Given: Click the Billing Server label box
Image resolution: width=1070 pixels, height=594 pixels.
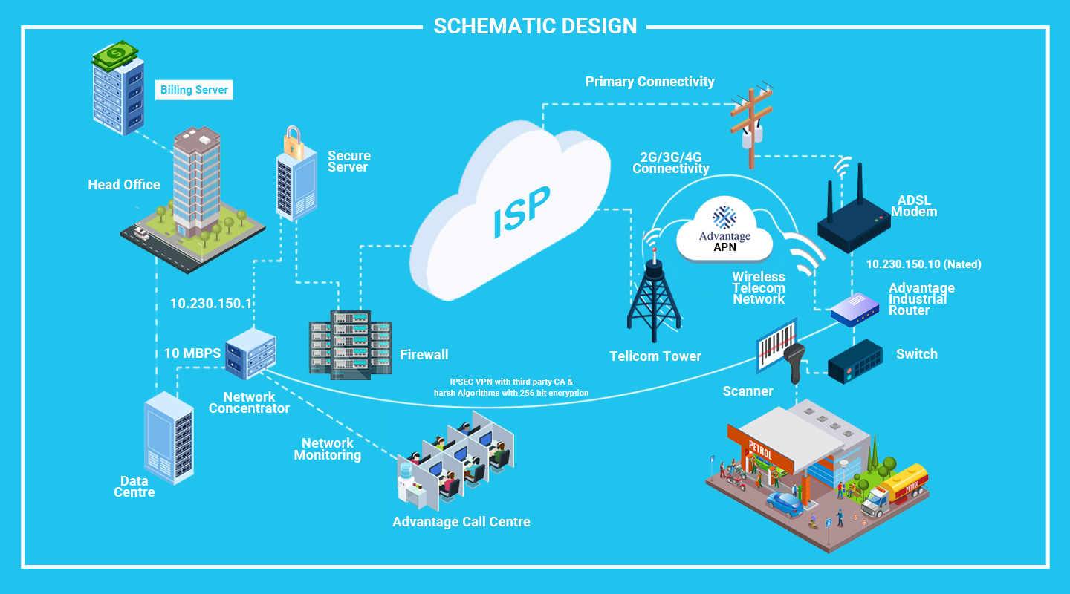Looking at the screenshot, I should pos(195,90).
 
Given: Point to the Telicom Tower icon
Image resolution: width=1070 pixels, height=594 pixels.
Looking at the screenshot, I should pos(654,297).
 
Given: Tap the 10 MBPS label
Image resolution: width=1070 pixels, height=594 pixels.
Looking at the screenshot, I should pos(192,353).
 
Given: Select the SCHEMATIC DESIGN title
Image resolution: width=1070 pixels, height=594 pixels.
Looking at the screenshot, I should pos(535,26).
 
